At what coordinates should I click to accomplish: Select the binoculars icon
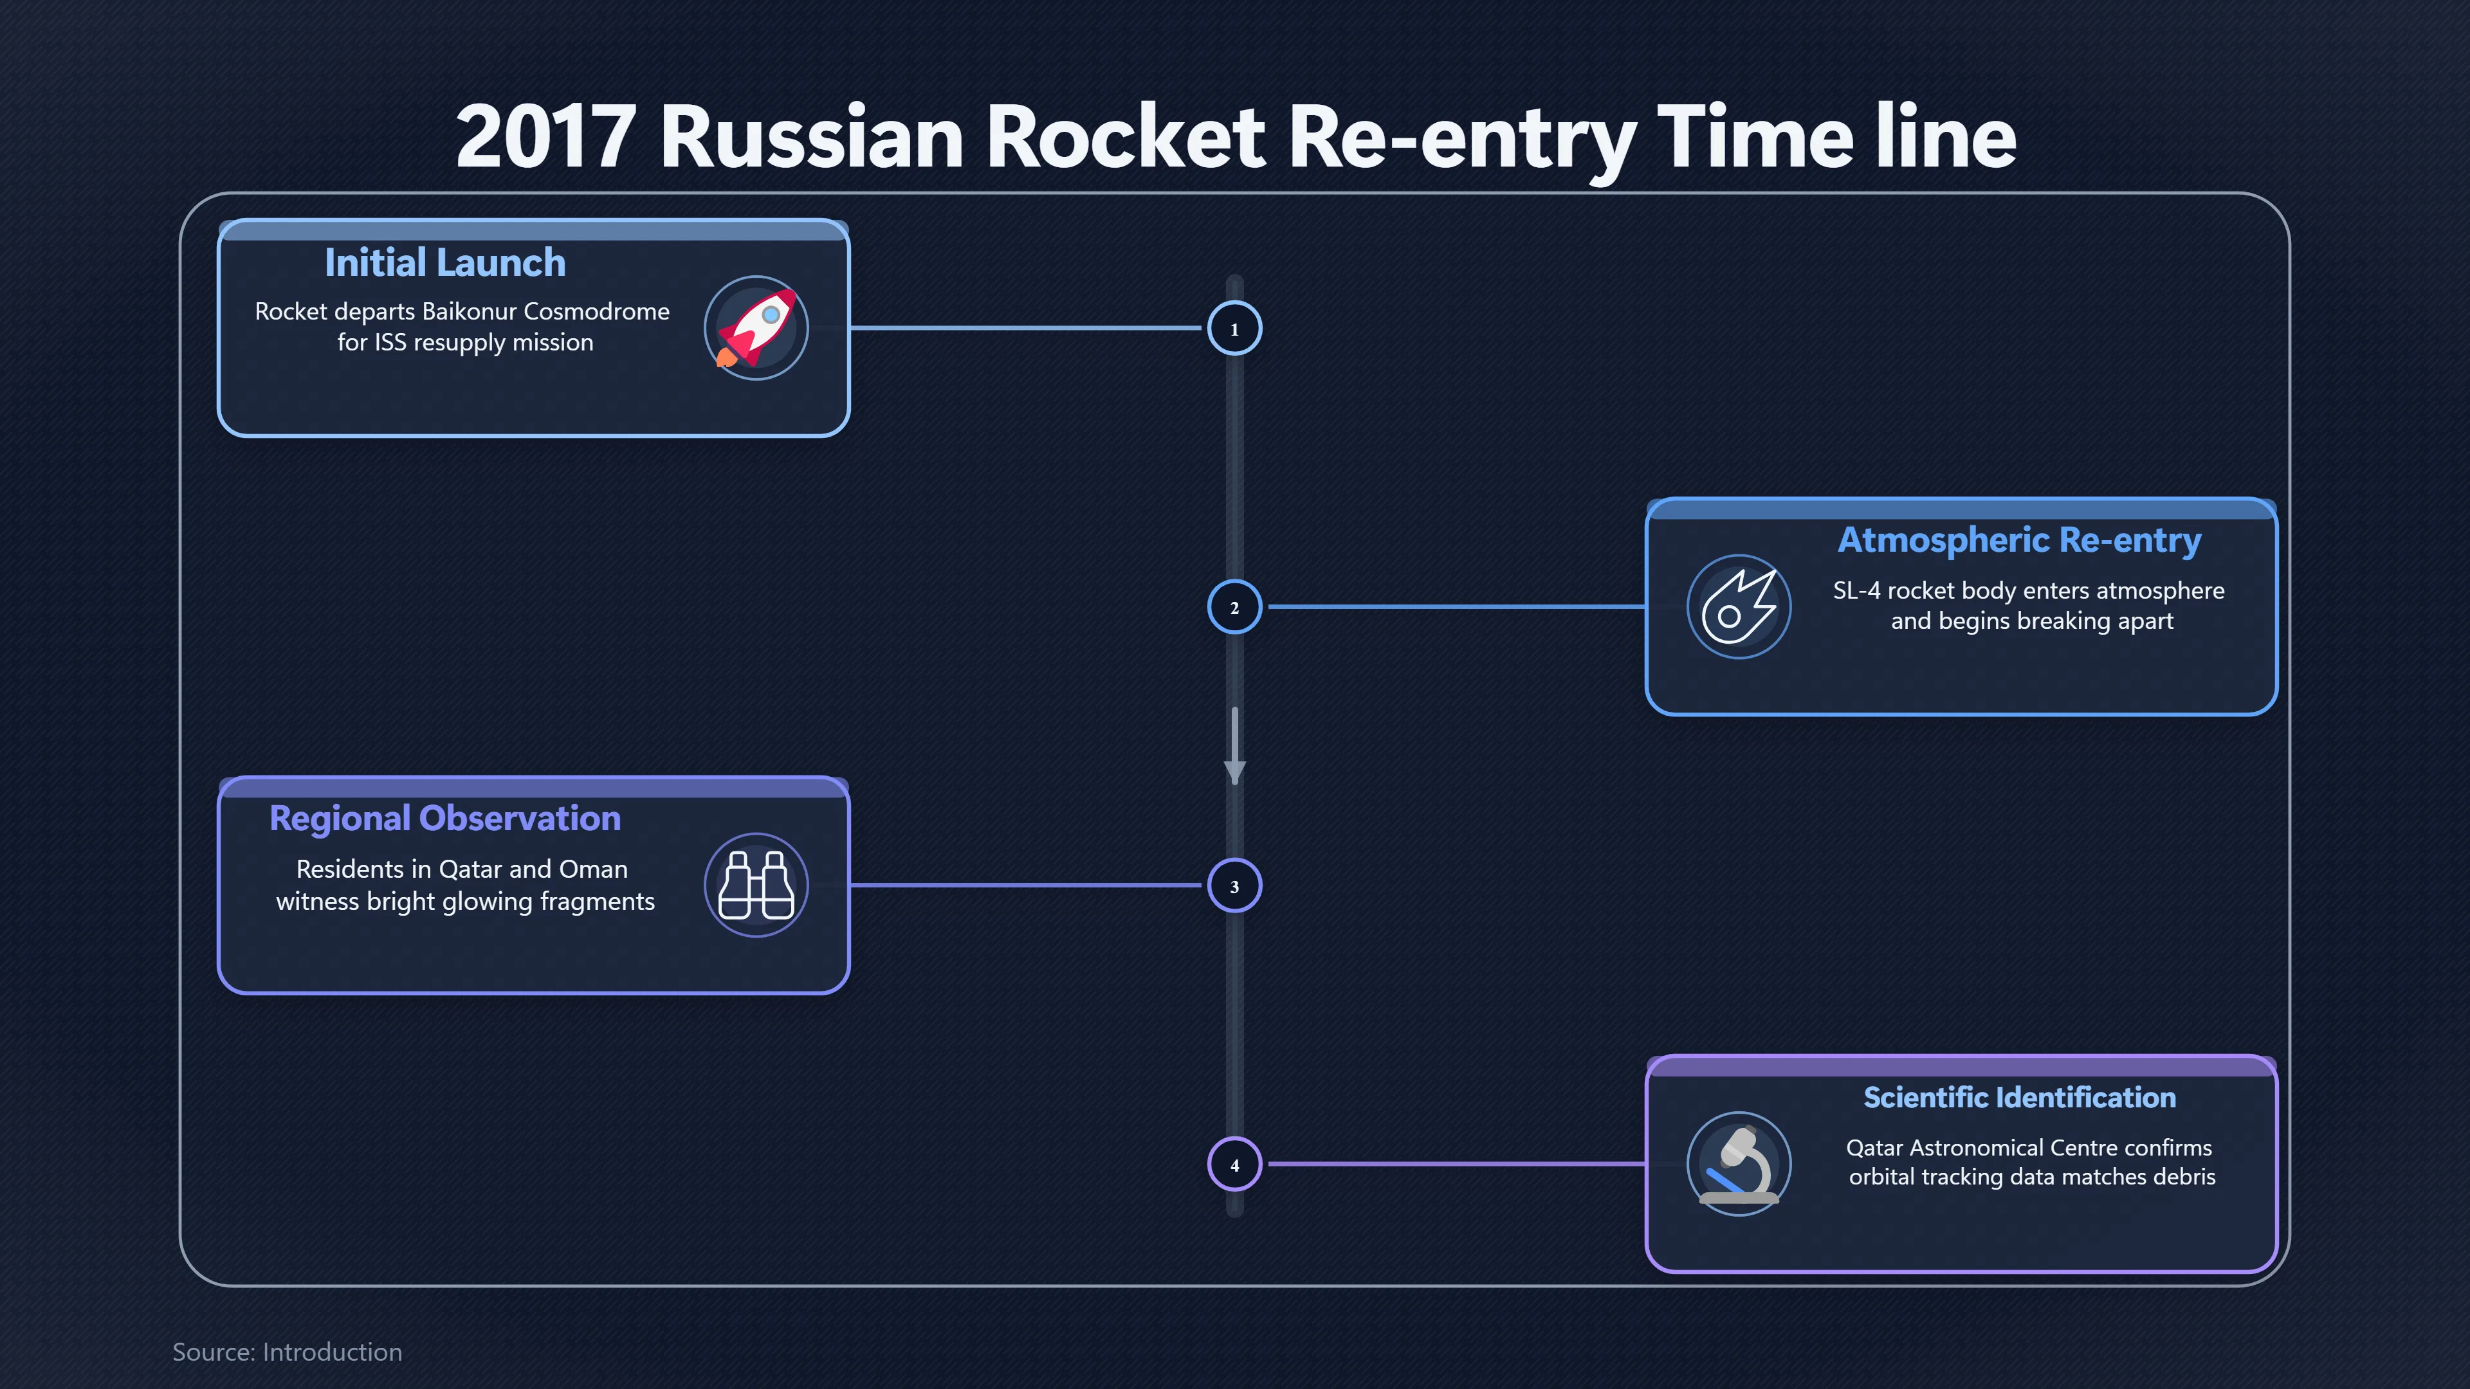tap(756, 885)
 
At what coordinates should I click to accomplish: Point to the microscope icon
tap(1739, 1164)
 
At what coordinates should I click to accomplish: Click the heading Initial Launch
tap(445, 262)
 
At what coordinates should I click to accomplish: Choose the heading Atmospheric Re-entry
tap(2019, 541)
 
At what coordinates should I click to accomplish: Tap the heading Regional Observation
tap(445, 819)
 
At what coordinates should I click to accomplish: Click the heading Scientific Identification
tap(2019, 1098)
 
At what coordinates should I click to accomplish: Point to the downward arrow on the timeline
tap(1235, 746)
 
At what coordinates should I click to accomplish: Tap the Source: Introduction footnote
tap(288, 1352)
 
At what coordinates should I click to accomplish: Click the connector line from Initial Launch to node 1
tap(1026, 328)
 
